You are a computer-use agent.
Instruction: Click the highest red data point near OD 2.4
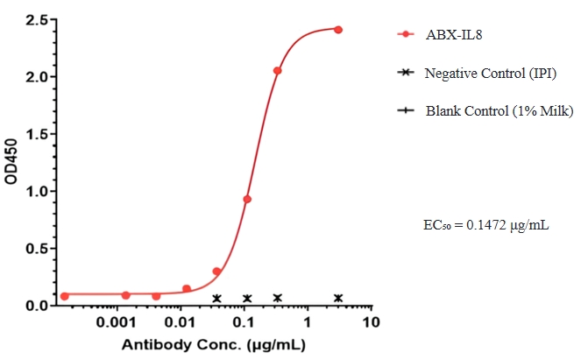[x=338, y=30]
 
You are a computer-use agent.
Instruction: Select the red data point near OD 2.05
[x=277, y=70]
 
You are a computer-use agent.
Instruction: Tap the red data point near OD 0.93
[x=247, y=199]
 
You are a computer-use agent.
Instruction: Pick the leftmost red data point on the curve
[x=64, y=296]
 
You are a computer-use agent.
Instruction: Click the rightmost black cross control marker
[x=338, y=298]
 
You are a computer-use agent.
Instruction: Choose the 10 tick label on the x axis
[x=372, y=323]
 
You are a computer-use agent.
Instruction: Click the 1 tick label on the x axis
[x=308, y=323]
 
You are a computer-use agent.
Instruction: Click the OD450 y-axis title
[x=11, y=163]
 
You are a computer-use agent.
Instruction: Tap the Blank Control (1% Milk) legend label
[x=499, y=111]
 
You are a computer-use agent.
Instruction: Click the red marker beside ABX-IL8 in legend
[x=405, y=35]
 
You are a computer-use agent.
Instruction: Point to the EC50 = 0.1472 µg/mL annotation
[x=485, y=226]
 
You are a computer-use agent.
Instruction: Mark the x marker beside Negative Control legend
[x=405, y=73]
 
